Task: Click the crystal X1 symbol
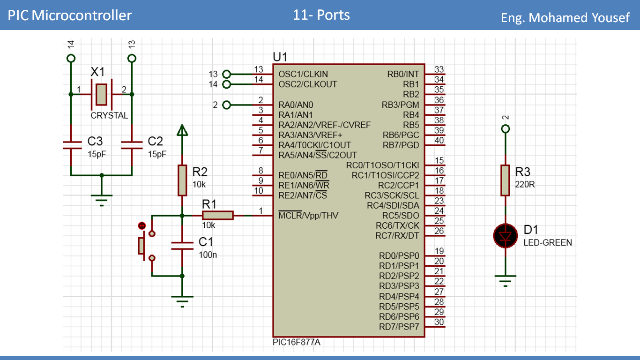click(x=101, y=94)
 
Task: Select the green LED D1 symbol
click(x=505, y=236)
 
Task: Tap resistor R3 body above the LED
click(x=505, y=180)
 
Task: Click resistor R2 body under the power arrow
click(x=182, y=180)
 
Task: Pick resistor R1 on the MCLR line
click(x=217, y=215)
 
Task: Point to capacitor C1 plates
click(x=182, y=246)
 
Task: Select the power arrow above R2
click(x=182, y=130)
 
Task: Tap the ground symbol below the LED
click(x=505, y=281)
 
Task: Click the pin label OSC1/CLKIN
click(x=303, y=74)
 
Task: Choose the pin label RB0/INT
click(x=403, y=74)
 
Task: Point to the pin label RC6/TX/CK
click(x=397, y=225)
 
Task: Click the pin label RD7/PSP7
click(x=399, y=327)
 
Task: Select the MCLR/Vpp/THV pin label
click(x=308, y=216)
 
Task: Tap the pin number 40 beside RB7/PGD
click(x=439, y=140)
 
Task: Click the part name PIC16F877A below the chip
click(x=297, y=342)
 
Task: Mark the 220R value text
click(x=525, y=184)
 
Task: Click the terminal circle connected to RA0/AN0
click(x=227, y=105)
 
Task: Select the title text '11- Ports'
click(x=321, y=15)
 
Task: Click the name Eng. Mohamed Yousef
click(x=565, y=18)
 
